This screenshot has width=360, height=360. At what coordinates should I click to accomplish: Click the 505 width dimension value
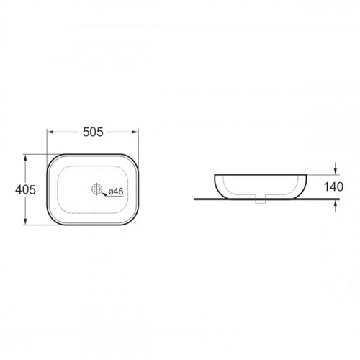93,132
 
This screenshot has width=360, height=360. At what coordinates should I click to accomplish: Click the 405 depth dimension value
25,189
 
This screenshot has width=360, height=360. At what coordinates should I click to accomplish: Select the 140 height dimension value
333,186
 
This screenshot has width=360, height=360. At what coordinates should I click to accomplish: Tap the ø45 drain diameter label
116,192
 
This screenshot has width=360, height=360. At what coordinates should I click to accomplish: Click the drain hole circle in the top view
96,189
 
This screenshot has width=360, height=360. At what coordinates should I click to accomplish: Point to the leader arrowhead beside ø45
104,194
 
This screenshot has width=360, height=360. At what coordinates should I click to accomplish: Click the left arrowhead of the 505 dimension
50,132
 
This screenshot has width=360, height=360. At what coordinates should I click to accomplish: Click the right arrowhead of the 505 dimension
135,132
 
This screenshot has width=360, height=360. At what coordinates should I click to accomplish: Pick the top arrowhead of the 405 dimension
25,158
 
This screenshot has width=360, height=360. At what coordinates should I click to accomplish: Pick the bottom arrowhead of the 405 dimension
25,222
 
